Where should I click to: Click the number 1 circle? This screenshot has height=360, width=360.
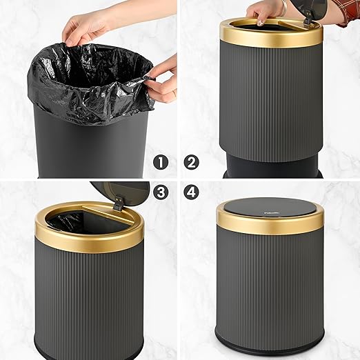(x=161, y=163)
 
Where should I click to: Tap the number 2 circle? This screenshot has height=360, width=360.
(x=192, y=163)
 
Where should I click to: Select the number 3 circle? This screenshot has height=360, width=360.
(x=161, y=192)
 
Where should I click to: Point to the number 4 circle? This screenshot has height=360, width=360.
(x=192, y=192)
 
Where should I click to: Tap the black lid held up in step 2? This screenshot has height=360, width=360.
(x=317, y=10)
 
